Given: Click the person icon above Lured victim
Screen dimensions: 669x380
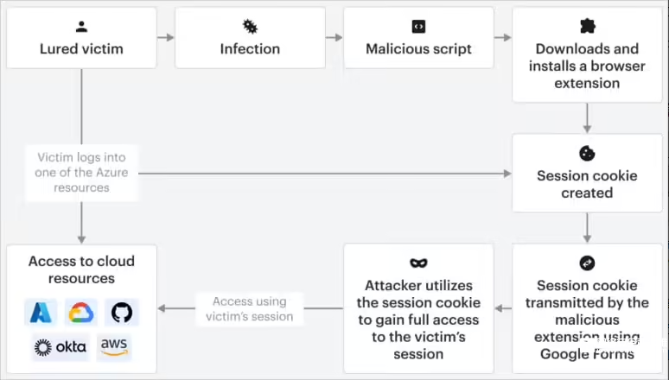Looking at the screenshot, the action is point(81,27).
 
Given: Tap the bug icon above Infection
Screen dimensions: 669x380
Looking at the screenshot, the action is point(250,27).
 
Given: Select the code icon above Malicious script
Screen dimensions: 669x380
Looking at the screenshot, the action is point(418,27).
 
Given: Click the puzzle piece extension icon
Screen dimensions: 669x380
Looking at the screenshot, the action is point(588,26).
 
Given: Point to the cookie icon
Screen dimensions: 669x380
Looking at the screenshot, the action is point(587,154).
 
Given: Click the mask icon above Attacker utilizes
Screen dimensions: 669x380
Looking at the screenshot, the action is point(418,263).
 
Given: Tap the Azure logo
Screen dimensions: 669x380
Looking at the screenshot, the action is point(41,313).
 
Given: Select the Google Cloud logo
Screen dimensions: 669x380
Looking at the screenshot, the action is point(81,313).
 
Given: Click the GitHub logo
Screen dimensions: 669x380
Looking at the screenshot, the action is point(122,313).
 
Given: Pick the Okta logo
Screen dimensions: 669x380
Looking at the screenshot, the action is point(61,347).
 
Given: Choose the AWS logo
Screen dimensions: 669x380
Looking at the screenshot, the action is point(114,347).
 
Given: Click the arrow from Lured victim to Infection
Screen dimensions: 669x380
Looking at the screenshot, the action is point(166,37).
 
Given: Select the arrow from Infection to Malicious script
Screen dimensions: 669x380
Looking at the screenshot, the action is point(334,37).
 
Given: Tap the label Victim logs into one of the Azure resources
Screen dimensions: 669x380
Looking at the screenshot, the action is point(81,173).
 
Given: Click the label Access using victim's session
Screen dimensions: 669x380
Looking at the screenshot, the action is point(250,309).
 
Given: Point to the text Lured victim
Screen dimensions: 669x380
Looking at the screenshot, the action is point(81,48).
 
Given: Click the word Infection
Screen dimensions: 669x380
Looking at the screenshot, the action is point(250,48).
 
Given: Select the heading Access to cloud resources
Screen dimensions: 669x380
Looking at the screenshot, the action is point(81,269).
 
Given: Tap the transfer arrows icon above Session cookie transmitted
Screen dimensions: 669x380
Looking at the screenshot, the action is point(587,263).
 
